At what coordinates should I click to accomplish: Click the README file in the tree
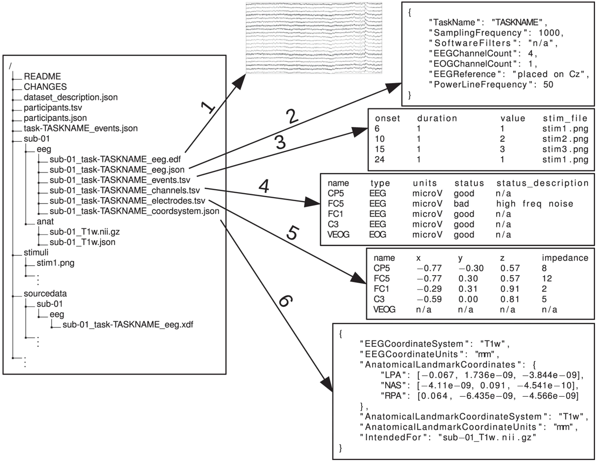tap(42, 77)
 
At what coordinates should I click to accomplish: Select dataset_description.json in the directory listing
tap(71, 97)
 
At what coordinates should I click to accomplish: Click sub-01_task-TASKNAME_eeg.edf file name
tap(116, 159)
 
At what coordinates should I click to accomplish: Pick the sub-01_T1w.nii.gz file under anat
tap(81, 232)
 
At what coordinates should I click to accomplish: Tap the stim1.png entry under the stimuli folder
tap(56, 263)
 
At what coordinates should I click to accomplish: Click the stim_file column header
tap(565, 119)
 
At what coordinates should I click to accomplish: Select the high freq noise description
tap(534, 204)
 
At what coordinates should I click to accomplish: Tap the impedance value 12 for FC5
tap(546, 278)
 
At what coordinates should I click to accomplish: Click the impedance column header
tap(564, 257)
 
